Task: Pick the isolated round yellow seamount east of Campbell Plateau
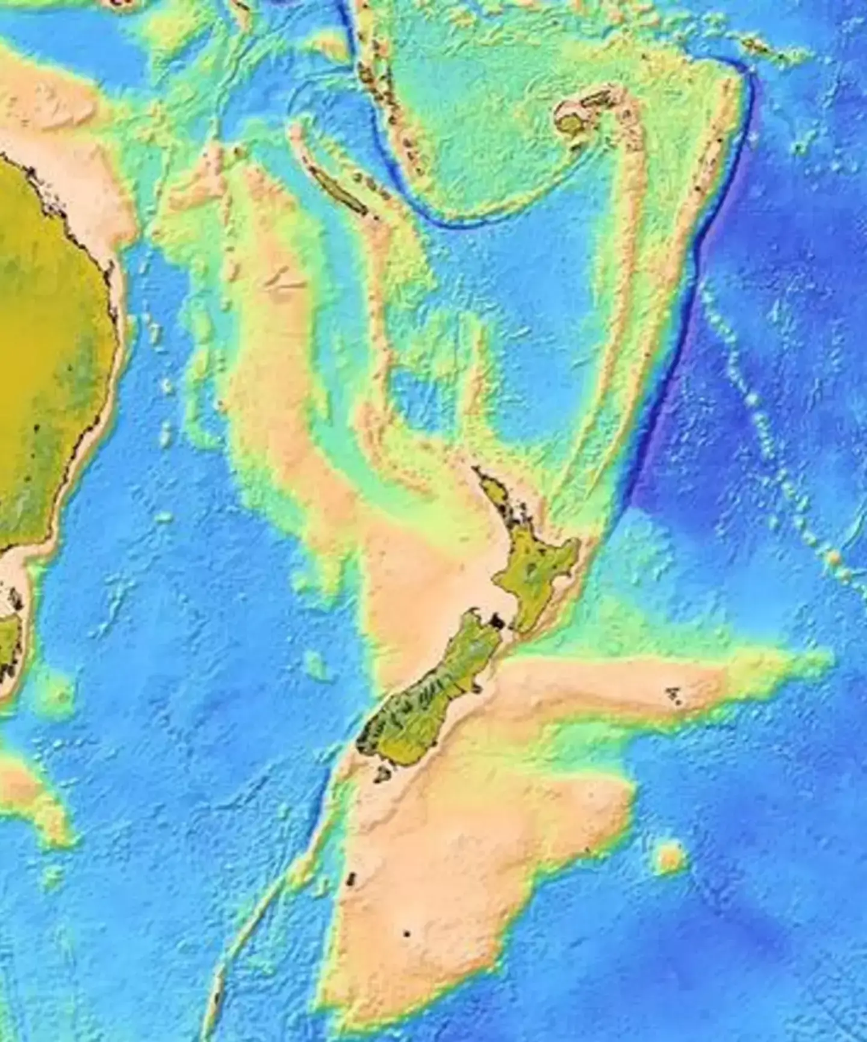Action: coord(669,857)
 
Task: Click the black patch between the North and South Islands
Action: coord(497,620)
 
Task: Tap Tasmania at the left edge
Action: coord(9,638)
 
